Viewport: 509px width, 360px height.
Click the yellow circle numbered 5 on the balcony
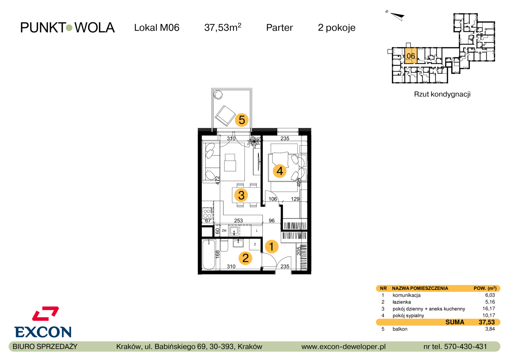[x=242, y=120]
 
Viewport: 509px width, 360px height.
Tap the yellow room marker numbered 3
[x=241, y=195]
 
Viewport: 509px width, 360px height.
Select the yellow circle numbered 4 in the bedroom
[x=280, y=171]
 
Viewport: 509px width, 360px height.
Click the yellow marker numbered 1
[x=271, y=247]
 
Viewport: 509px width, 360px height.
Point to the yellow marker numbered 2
[x=245, y=258]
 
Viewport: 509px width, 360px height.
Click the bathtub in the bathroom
[x=209, y=254]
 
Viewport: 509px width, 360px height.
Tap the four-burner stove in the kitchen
[x=207, y=213]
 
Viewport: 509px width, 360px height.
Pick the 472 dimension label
[x=218, y=180]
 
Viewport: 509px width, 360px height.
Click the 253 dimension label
[x=239, y=221]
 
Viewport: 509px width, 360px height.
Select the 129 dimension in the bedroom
[x=295, y=199]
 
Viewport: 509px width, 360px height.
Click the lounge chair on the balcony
[x=225, y=116]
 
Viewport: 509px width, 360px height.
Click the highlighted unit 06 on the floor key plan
[x=411, y=56]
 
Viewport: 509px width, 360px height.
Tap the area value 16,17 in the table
[x=490, y=309]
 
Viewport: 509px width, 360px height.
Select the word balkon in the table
[x=400, y=329]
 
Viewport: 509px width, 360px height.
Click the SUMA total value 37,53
[x=487, y=322]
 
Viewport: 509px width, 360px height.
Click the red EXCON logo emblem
[x=45, y=314]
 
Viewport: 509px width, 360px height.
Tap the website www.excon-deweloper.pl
[x=343, y=347]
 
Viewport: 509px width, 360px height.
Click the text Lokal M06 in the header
[x=157, y=28]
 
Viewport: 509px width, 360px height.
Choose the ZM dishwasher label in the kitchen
[x=224, y=231]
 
